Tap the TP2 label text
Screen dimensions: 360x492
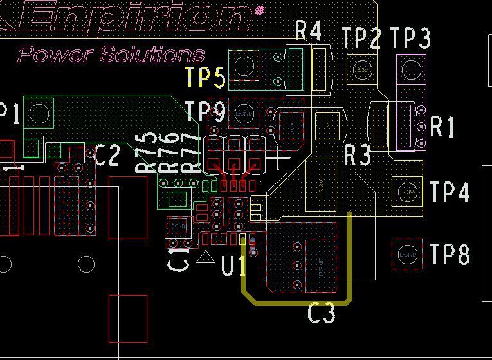coord(361,39)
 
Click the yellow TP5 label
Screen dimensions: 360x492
coord(205,78)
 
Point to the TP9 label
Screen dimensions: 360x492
coord(205,112)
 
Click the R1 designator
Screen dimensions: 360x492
coord(442,127)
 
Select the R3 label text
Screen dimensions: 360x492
coord(358,155)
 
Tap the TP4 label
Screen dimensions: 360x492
coord(450,192)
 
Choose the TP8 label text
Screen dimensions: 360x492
coord(450,255)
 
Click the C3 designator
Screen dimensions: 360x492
coord(322,314)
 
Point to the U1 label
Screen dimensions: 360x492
coord(233,265)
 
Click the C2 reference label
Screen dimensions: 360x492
coord(107,155)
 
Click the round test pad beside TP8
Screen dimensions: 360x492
coord(407,255)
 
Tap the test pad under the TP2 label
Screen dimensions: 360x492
coord(362,68)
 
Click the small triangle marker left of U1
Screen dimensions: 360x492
coord(205,257)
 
